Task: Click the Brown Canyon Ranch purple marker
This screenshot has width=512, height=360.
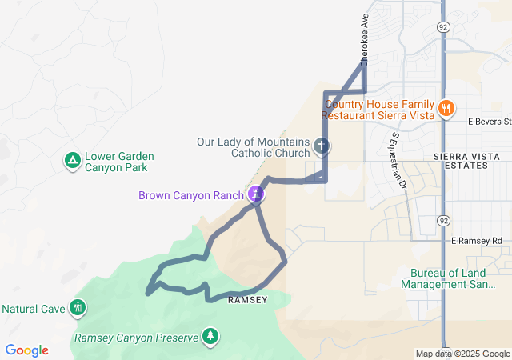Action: (x=256, y=194)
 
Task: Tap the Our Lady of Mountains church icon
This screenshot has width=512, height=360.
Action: (x=322, y=146)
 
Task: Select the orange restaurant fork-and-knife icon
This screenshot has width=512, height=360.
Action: (x=446, y=107)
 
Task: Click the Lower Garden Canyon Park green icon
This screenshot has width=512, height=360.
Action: (x=72, y=162)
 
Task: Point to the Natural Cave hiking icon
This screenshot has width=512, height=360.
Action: (x=77, y=307)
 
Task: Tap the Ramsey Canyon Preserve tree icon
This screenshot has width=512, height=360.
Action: (x=210, y=336)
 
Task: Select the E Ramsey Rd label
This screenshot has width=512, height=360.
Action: (x=476, y=241)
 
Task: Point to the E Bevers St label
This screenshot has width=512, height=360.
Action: (x=489, y=122)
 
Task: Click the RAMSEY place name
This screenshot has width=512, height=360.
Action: (x=247, y=299)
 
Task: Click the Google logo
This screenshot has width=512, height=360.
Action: (x=26, y=350)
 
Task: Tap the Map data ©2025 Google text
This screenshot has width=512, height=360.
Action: (x=462, y=354)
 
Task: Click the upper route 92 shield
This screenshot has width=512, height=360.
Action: (x=443, y=26)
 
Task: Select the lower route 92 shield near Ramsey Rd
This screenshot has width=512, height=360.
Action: (x=443, y=218)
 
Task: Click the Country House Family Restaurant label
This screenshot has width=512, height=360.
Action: (x=378, y=109)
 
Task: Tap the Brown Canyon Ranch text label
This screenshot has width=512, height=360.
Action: (x=190, y=194)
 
